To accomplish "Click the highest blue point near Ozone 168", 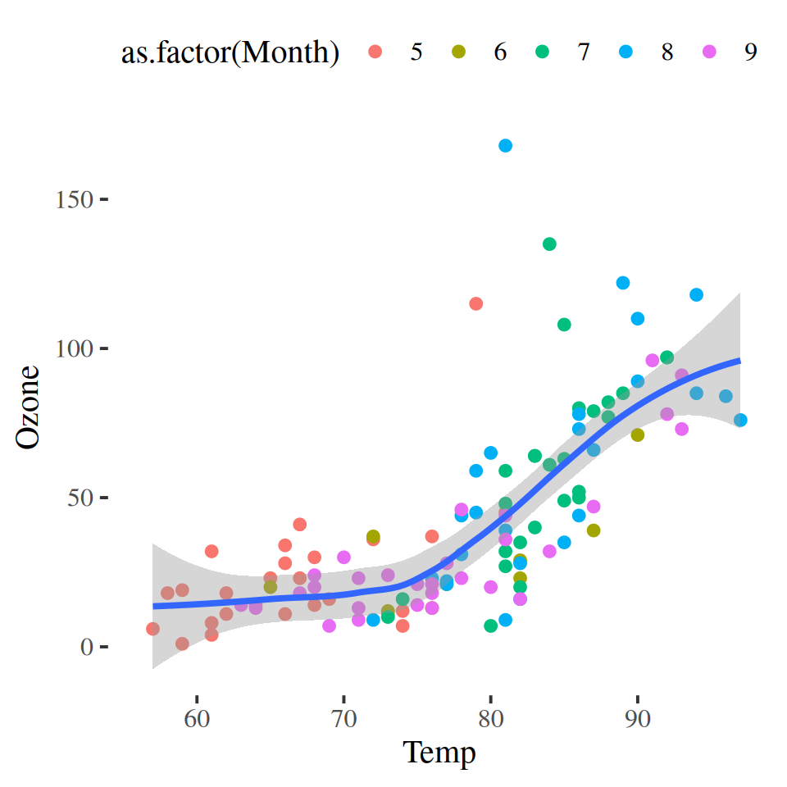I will (505, 146).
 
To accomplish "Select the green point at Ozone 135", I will (549, 244).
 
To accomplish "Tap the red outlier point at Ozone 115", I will (475, 304).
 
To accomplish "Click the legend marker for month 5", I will (375, 52).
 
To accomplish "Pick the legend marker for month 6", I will (459, 52).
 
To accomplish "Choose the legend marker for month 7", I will (543, 52).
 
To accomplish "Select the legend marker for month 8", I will (626, 52).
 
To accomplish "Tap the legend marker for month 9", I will (710, 52).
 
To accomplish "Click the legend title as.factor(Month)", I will (230, 52).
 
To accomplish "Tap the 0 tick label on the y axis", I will (87, 648).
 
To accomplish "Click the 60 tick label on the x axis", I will (197, 698).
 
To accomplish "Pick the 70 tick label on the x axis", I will (343, 698).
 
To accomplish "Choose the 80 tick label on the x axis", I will (490, 698).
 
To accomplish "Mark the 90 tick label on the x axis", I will (637, 698).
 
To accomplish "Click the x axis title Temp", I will (439, 751).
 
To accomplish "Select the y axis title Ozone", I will (29, 407).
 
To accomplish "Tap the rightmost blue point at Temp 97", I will (740, 421).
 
